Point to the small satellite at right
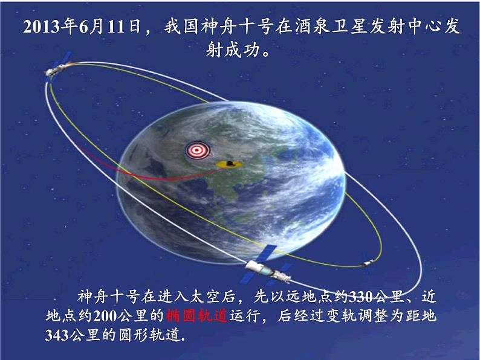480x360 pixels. click(x=367, y=263)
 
